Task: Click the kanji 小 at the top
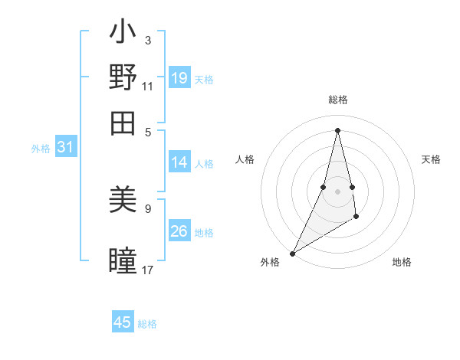[123, 34]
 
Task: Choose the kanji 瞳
[123, 260]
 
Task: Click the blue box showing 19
[179, 78]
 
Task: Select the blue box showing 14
[179, 162]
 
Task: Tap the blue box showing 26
[179, 231]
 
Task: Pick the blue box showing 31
[65, 148]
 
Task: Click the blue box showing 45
[123, 322]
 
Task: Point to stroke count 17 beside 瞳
[148, 270]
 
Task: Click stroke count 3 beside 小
[147, 40]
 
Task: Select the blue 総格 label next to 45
[147, 324]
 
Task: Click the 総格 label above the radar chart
[337, 100]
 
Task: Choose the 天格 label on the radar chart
[431, 159]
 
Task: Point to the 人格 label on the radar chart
[245, 159]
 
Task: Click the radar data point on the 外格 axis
[292, 253]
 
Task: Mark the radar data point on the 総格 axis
[337, 129]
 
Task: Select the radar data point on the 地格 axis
[356, 218]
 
